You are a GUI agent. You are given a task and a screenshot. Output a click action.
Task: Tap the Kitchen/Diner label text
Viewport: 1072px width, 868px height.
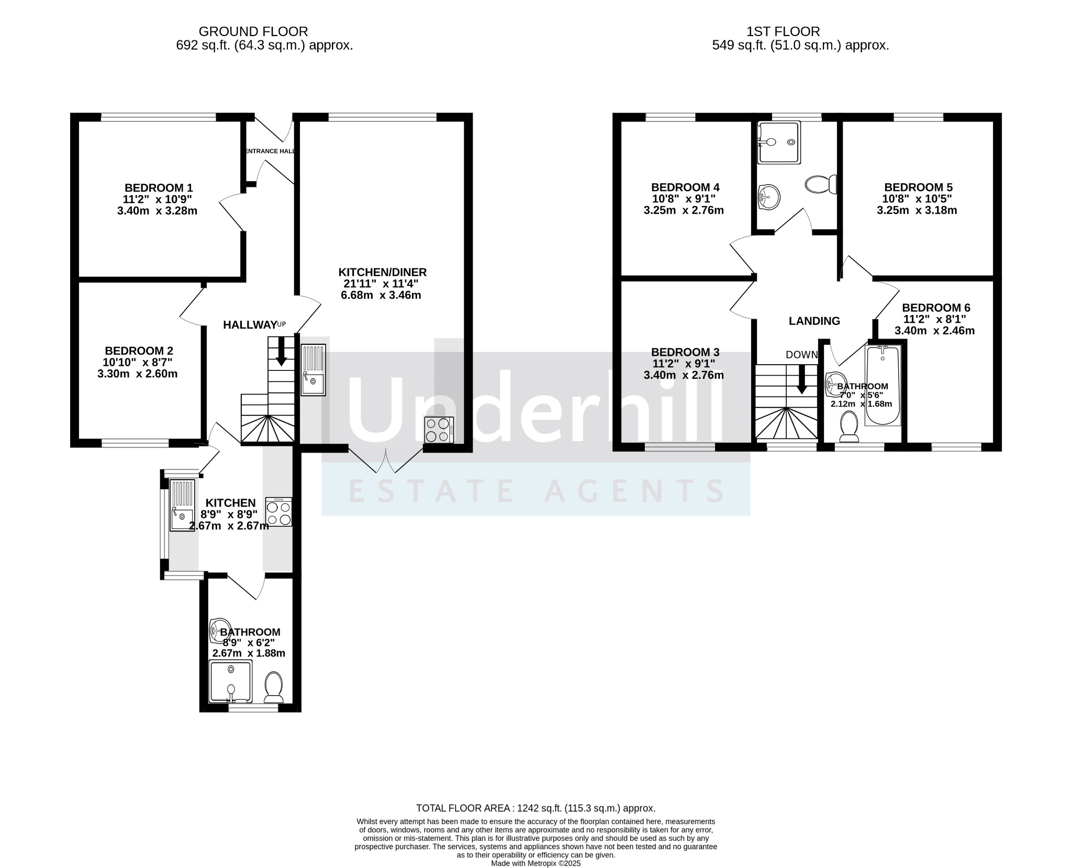(383, 272)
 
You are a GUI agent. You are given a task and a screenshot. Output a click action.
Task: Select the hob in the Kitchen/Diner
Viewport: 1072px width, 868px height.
(439, 430)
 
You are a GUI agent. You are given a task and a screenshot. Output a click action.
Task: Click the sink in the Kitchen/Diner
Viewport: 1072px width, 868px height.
(314, 369)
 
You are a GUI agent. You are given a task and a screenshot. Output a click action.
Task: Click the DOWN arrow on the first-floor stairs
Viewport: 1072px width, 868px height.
(801, 379)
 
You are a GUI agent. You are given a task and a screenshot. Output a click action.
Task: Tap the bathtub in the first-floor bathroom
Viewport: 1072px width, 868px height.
(883, 385)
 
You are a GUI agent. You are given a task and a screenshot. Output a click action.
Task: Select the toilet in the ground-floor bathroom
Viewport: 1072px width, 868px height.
(274, 687)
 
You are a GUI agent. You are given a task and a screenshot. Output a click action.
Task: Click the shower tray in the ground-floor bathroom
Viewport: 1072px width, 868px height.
(230, 681)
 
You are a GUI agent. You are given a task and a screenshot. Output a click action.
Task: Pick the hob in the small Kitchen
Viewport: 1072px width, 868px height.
(279, 512)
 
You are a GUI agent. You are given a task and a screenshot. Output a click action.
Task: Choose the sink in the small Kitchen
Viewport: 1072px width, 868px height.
(182, 505)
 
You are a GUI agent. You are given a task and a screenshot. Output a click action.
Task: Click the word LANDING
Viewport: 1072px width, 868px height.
(814, 321)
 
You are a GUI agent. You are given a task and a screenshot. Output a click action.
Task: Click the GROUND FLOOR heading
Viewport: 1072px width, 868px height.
(253, 32)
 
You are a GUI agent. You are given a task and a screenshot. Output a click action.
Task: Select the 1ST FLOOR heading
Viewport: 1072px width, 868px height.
(784, 32)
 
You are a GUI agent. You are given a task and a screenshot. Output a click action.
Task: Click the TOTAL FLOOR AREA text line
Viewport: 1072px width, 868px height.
(536, 808)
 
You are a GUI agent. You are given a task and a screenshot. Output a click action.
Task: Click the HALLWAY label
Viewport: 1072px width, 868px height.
(250, 325)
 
